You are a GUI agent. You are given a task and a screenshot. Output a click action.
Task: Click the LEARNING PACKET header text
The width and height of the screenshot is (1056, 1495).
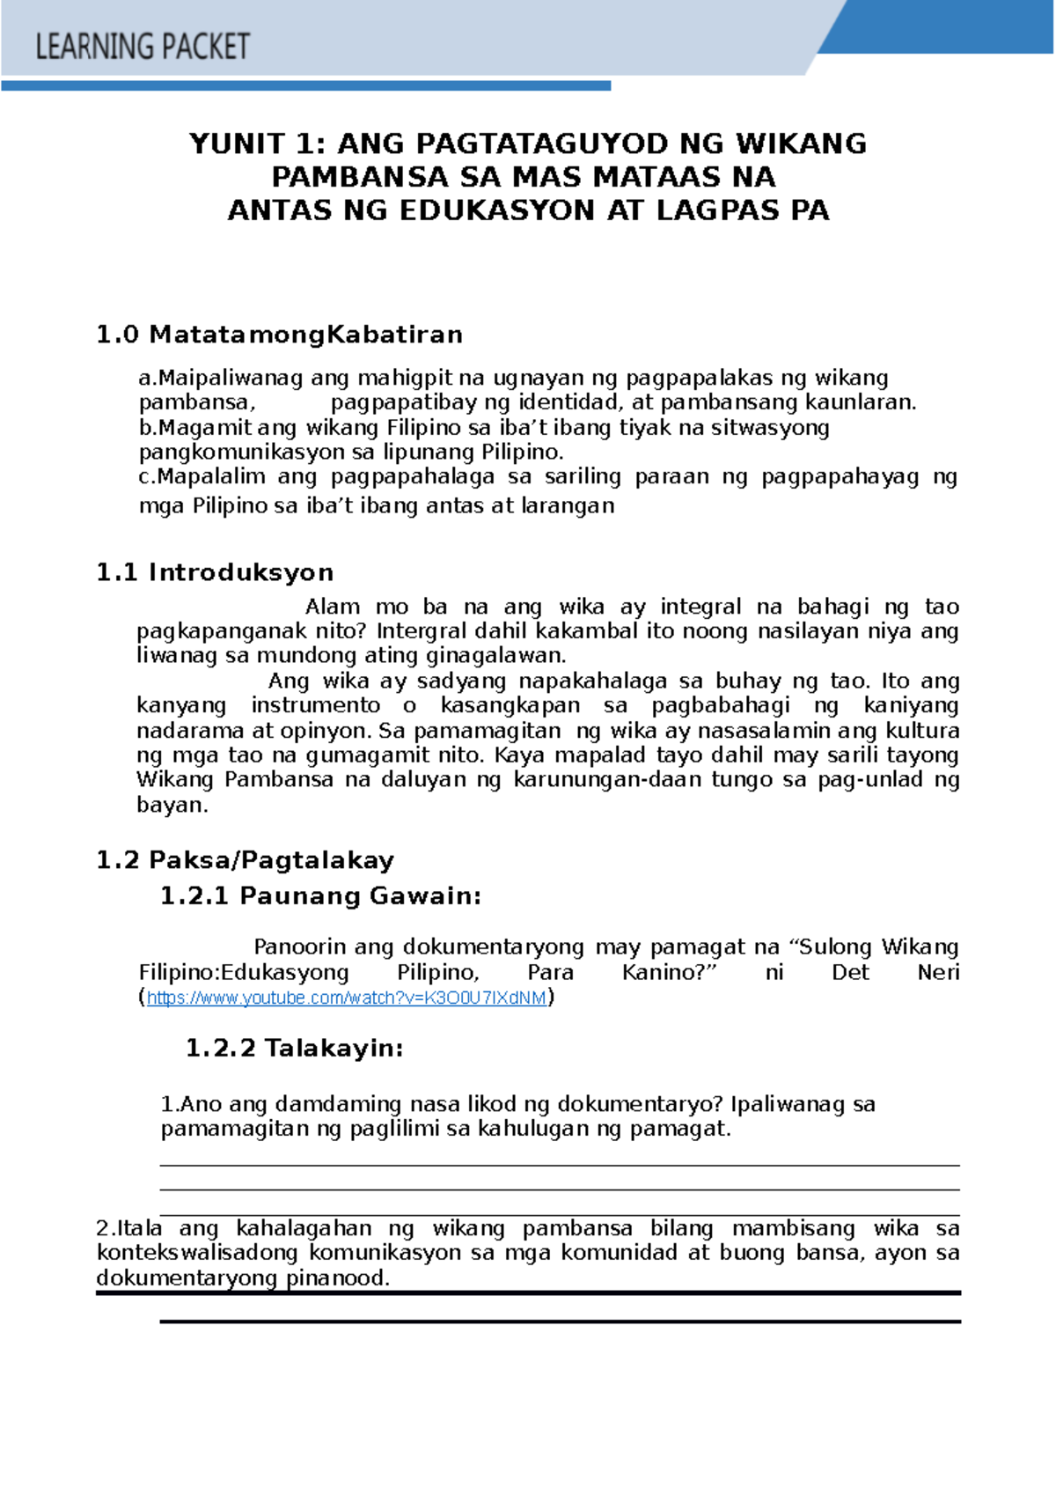[x=143, y=46]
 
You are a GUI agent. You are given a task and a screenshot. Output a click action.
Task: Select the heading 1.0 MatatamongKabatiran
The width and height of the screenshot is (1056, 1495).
[x=279, y=335]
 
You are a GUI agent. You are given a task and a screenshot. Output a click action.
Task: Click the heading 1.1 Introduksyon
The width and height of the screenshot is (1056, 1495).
[x=215, y=572]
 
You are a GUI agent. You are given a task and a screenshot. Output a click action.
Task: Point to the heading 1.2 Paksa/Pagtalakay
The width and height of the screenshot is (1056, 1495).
[x=245, y=859]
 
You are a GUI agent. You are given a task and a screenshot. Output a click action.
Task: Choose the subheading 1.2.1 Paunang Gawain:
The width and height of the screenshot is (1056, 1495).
[x=320, y=896]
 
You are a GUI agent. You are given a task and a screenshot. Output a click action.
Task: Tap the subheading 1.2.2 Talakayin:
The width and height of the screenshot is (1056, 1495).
[x=294, y=1048]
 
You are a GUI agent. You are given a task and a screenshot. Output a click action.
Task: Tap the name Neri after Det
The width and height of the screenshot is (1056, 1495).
[x=938, y=972]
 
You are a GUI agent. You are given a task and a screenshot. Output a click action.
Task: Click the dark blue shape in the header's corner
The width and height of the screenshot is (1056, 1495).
[x=950, y=26]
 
